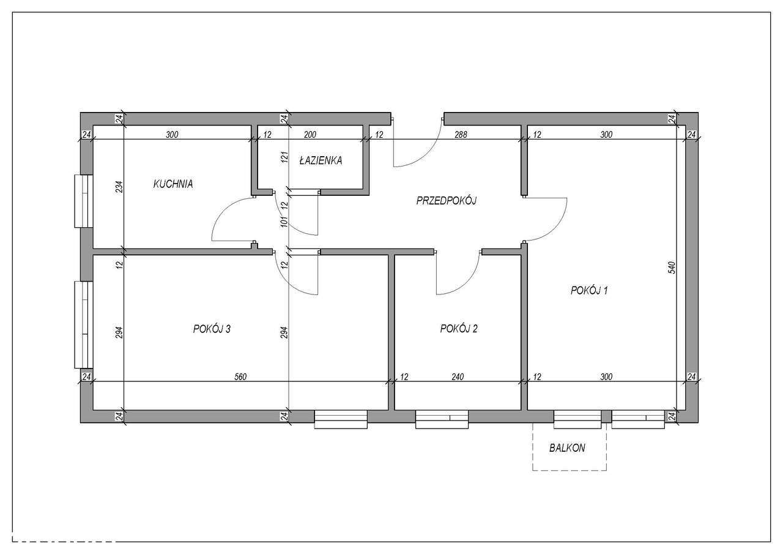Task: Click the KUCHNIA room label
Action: point(173,183)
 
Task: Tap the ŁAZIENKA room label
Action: point(321,161)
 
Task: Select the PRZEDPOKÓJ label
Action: point(446,200)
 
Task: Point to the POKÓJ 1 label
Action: point(589,290)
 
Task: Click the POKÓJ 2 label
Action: point(459,329)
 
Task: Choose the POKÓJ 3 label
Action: point(212,329)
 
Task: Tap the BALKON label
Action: point(567,447)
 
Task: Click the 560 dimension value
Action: point(240,376)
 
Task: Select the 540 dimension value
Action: point(671,267)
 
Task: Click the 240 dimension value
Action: point(458,376)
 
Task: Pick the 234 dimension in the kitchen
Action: point(119,186)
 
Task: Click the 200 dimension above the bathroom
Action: point(311,135)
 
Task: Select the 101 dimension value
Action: point(284,221)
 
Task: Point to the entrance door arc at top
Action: point(428,153)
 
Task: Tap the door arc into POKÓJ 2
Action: point(465,282)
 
